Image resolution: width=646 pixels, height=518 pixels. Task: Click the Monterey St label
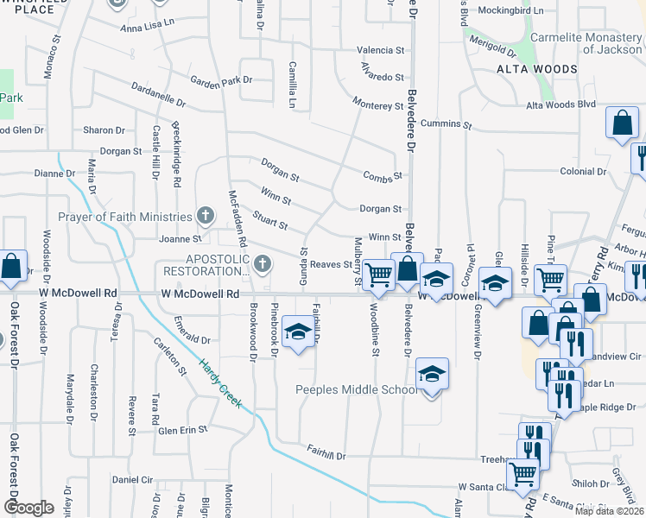point(377,105)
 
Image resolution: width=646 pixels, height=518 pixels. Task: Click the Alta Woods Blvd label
point(562,104)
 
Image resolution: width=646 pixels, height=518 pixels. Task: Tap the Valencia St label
point(381,51)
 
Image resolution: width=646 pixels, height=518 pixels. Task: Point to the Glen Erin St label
point(182,429)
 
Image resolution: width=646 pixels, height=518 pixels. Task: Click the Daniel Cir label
point(132,479)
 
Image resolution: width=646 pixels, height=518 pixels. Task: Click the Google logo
point(28,508)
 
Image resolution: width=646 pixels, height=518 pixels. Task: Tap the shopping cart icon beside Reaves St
point(378,275)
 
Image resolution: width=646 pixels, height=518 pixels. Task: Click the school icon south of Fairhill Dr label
point(298,332)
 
